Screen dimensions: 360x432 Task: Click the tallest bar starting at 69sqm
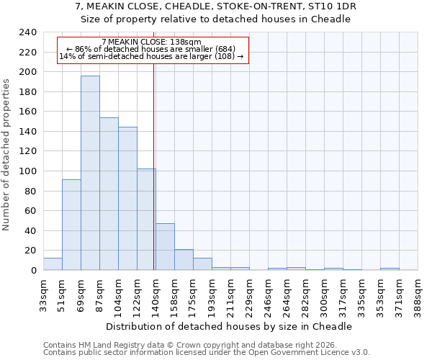click(90, 173)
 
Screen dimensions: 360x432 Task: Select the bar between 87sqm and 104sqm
click(109, 194)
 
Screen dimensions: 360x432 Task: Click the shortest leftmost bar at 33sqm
click(53, 264)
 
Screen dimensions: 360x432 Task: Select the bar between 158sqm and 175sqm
click(184, 260)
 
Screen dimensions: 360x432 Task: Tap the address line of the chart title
click(215, 6)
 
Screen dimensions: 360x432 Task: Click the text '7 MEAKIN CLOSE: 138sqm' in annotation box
click(152, 42)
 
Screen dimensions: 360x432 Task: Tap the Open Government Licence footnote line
click(207, 352)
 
